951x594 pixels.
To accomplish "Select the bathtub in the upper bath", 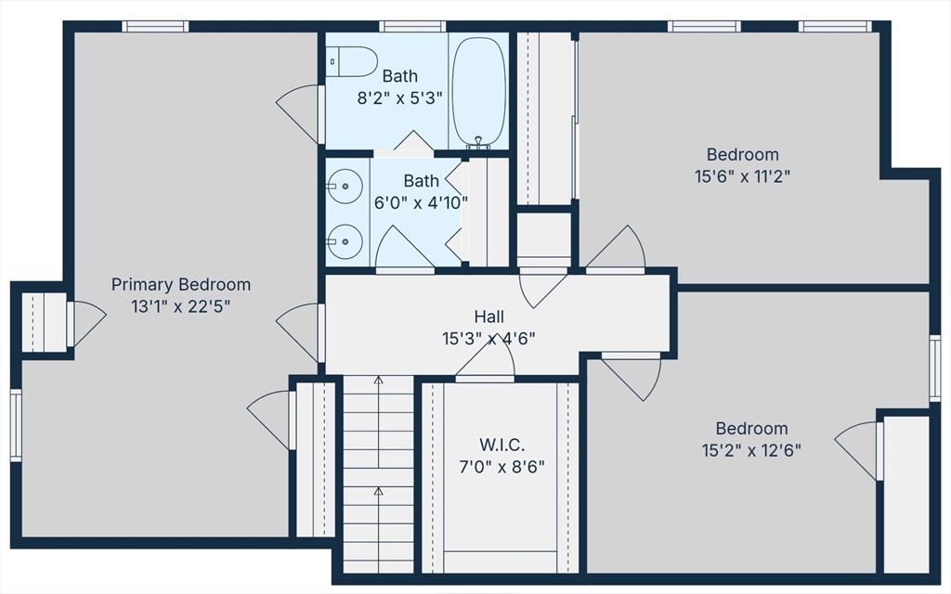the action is tap(479, 91).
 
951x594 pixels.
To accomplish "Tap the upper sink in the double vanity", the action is tap(345, 186).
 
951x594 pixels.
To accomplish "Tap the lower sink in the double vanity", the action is tap(345, 242).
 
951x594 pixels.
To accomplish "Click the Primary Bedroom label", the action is tap(181, 284).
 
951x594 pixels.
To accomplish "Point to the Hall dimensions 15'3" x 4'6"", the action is tap(489, 338).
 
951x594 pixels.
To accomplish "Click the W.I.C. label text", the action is tap(502, 445).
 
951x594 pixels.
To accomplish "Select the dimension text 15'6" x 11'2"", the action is tap(742, 176).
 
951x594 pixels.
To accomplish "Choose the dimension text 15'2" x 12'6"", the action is tap(751, 450).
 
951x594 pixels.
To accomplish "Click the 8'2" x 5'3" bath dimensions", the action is tap(399, 98).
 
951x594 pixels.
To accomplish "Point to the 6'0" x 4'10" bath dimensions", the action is tap(421, 202).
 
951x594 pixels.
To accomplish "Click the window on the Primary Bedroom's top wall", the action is tap(155, 27).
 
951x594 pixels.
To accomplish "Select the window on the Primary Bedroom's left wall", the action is tap(16, 425).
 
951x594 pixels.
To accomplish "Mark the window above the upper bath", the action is tap(412, 27).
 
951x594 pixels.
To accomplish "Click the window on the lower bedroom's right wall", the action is tap(935, 368).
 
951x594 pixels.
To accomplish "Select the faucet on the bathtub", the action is tap(478, 143).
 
